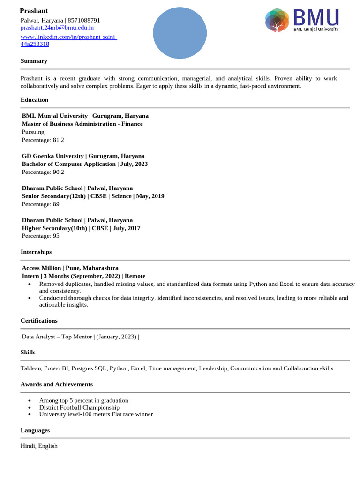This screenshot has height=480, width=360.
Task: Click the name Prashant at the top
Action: [34, 11]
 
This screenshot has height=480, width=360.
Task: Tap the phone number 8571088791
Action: [84, 20]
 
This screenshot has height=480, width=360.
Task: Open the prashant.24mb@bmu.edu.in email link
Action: [57, 28]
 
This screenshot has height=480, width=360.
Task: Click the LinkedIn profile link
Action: [68, 40]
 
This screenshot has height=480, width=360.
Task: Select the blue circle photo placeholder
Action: [180, 33]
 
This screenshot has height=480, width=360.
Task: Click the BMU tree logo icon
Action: [277, 21]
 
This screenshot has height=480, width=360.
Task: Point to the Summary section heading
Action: [34, 61]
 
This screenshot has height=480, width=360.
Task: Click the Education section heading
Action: [34, 100]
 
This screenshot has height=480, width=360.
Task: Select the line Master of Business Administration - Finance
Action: [82, 124]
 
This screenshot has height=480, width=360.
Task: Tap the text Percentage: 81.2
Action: [43, 140]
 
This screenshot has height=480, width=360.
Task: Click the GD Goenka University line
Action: [83, 156]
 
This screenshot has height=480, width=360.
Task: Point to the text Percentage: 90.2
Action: [43, 172]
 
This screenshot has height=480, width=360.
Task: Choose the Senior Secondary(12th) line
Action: [93, 196]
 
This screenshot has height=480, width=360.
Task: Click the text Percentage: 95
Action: [41, 236]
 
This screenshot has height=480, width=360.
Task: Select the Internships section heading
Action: [36, 252]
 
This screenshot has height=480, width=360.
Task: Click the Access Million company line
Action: [70, 268]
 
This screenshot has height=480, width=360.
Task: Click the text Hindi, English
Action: [39, 446]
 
